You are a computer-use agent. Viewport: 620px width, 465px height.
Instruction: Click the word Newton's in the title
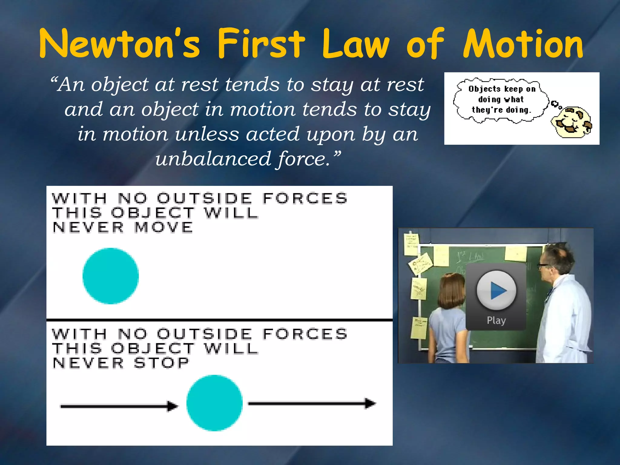[120, 44]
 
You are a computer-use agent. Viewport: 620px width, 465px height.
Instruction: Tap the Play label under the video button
[496, 320]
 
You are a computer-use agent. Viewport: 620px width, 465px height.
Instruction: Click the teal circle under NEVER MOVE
[111, 276]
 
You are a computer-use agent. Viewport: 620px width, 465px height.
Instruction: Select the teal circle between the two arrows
[214, 403]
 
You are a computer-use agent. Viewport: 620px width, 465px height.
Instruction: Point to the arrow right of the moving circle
[312, 404]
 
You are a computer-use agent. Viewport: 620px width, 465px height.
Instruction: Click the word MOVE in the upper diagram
[163, 227]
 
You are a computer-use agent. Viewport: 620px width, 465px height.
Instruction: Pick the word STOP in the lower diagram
[161, 363]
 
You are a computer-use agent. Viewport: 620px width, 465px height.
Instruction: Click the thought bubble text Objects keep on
[502, 89]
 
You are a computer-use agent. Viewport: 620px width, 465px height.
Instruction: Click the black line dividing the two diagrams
[219, 320]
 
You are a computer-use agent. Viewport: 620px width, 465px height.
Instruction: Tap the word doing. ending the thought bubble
[518, 110]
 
